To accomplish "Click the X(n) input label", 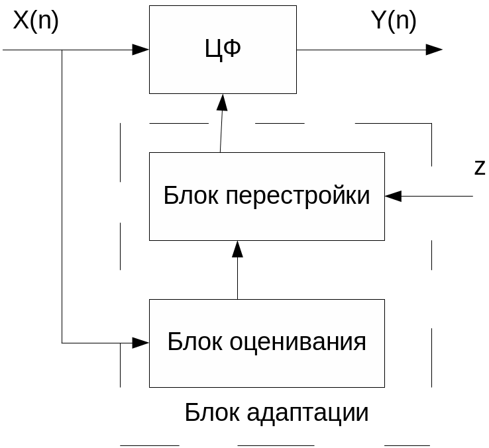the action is pos(36,21).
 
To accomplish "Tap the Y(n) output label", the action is pos(394,21).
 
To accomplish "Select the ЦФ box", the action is pos(223,73).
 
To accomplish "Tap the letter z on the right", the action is pos(480,169).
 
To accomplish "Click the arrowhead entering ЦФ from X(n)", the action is pos(141,50).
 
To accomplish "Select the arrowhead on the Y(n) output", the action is pos(435,50).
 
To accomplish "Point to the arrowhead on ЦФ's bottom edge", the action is pos(222,102).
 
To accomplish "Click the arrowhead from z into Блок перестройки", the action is pos(394,196).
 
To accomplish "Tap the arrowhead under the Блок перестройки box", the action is pos(237,249).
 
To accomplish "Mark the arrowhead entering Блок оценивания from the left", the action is pos(141,342).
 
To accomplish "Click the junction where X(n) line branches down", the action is pos(62,50).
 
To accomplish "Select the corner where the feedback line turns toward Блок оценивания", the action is pos(62,342).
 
